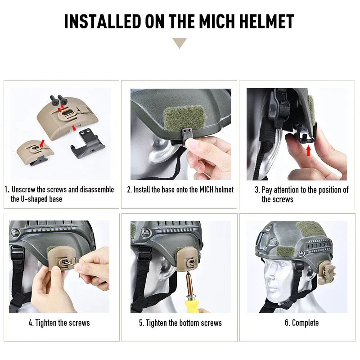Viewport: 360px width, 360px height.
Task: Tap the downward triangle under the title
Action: [x=180, y=43]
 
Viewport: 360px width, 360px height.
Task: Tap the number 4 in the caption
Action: [x=30, y=323]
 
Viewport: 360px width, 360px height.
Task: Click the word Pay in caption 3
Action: [x=267, y=189]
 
